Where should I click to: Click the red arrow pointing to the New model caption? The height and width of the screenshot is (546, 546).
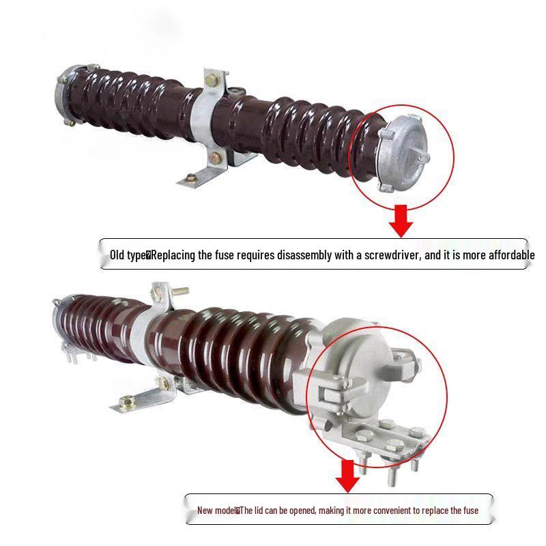348,476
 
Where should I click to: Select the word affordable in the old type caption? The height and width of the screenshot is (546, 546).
503,256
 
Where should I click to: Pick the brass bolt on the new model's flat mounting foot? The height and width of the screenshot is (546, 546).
126,401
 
